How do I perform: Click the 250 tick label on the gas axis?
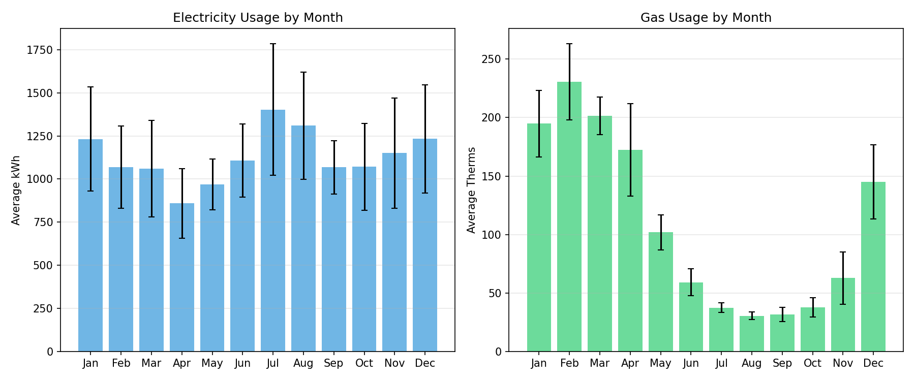pyautogui.click(x=491, y=59)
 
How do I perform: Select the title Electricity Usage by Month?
pyautogui.click(x=258, y=18)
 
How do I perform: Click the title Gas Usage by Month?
pyautogui.click(x=706, y=18)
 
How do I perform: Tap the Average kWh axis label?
pyautogui.click(x=16, y=190)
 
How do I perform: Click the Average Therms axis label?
pyautogui.click(x=472, y=190)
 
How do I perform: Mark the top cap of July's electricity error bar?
pyautogui.click(x=273, y=44)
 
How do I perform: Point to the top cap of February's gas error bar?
pyautogui.click(x=569, y=44)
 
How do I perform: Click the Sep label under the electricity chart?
pyautogui.click(x=333, y=363)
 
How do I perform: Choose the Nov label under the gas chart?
pyautogui.click(x=843, y=363)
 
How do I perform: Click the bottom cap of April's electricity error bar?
pyautogui.click(x=182, y=238)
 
